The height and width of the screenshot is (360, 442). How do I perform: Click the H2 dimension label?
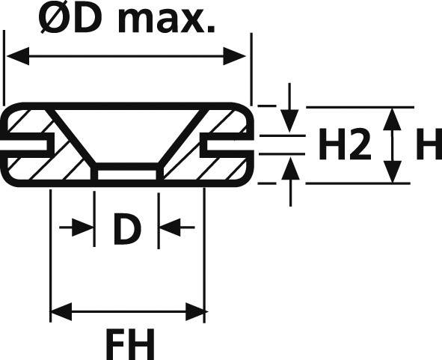coord(344,146)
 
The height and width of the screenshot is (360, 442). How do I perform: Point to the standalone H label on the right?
coord(429,146)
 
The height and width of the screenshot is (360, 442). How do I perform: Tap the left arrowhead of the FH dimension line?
coord(59,310)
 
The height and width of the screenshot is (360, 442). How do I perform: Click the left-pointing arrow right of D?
coord(168,227)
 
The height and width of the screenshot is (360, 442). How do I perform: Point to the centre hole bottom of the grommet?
coord(127,171)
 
